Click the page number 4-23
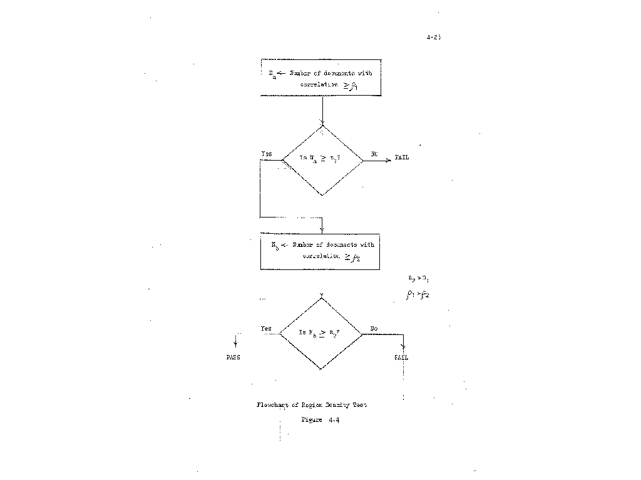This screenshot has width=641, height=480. (x=434, y=37)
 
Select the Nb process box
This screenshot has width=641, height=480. (x=320, y=251)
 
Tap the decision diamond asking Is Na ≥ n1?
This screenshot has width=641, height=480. (x=322, y=160)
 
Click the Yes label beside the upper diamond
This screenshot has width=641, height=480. (x=267, y=153)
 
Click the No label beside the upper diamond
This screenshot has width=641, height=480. (x=374, y=153)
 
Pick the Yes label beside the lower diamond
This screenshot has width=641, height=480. (x=266, y=328)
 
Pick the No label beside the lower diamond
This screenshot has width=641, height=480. (x=374, y=328)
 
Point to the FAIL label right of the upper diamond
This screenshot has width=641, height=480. (x=401, y=158)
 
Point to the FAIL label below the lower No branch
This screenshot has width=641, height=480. (x=401, y=357)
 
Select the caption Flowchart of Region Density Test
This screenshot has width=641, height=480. (x=311, y=404)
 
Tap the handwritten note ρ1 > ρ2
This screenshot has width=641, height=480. (x=417, y=294)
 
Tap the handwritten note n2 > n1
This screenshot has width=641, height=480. (x=418, y=279)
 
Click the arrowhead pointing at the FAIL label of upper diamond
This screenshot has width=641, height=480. (x=389, y=160)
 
